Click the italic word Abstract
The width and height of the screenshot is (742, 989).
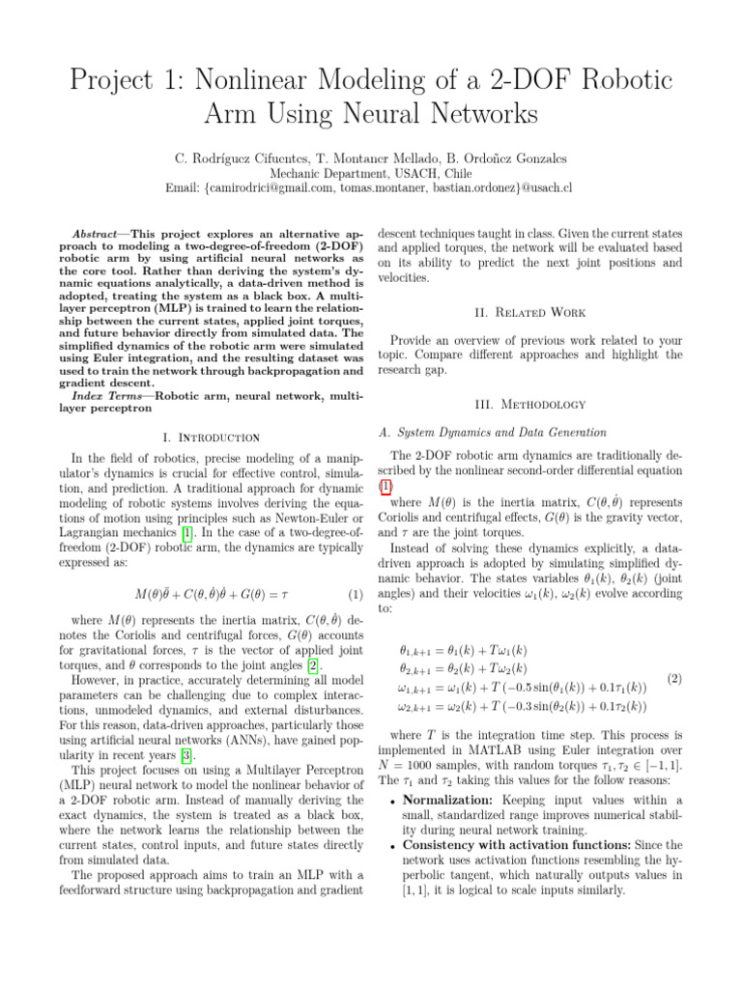pos(101,235)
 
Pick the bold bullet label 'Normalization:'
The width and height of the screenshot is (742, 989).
pos(448,801)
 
